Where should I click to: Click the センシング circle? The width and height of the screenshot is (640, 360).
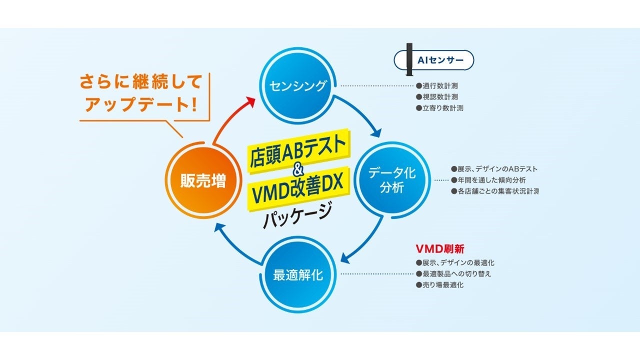click(297, 86)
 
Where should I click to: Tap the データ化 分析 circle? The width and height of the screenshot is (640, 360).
click(391, 180)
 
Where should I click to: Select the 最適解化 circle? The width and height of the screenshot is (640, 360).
click(297, 275)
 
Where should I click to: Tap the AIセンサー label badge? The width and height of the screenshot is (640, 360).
click(434, 60)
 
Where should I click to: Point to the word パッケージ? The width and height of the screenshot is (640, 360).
click(297, 214)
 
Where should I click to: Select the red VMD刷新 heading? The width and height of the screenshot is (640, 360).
click(440, 248)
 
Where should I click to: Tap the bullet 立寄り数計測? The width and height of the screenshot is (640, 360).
click(439, 108)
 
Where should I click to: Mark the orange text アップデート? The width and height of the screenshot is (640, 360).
click(140, 104)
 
